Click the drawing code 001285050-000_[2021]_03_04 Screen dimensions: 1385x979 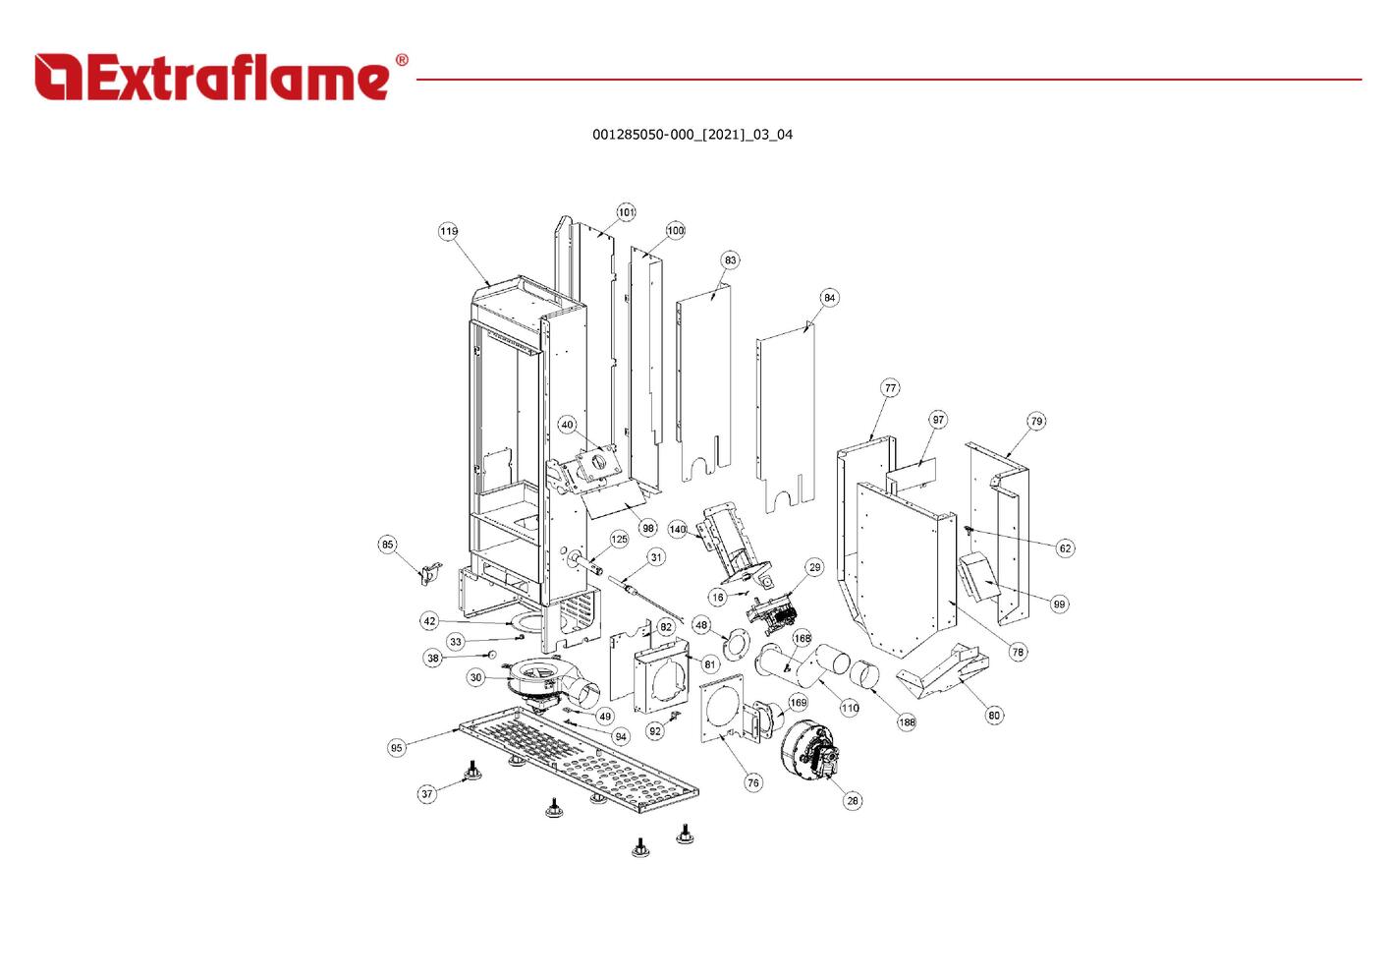tap(692, 135)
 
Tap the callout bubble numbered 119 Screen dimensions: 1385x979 tap(448, 231)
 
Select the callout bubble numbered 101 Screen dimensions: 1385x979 tap(626, 212)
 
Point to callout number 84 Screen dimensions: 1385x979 tap(829, 298)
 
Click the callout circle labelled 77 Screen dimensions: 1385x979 tap(890, 388)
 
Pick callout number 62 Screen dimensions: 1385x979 tap(1065, 548)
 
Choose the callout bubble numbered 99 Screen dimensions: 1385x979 tap(1059, 604)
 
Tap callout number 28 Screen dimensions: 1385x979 tap(853, 801)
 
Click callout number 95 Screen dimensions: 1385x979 tap(396, 748)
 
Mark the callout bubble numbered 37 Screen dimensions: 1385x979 tap(427, 793)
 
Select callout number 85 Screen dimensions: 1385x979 tap(387, 545)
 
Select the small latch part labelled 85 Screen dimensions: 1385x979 tap(430, 573)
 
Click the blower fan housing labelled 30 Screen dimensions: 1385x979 tap(544, 686)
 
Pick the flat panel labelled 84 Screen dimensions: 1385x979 tap(786, 418)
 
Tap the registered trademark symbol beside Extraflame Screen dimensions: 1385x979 tap(402, 60)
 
